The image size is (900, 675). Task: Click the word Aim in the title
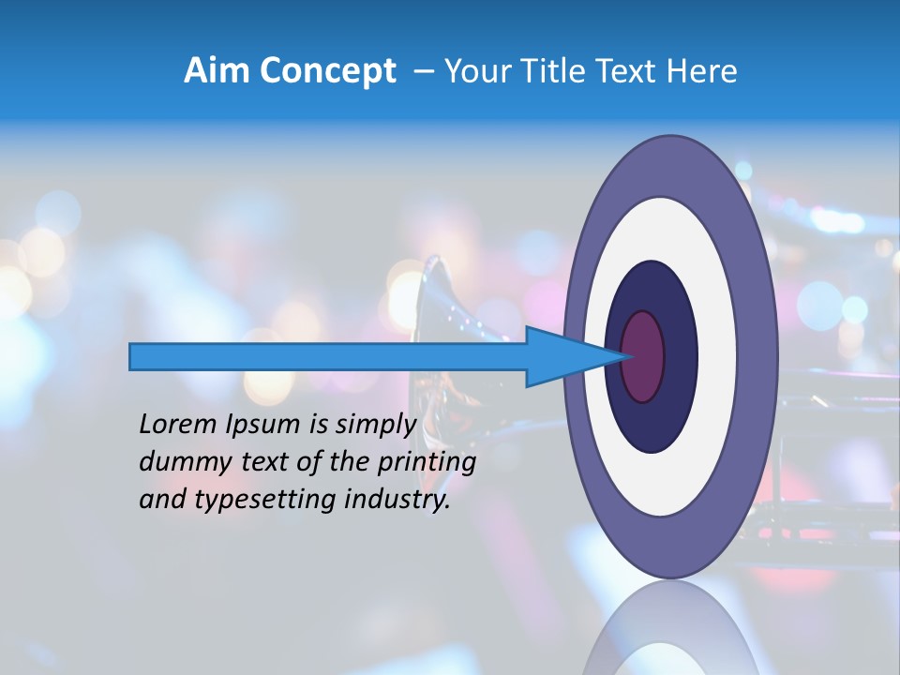218,71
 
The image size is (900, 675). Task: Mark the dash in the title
424,71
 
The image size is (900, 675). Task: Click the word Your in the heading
477,71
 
